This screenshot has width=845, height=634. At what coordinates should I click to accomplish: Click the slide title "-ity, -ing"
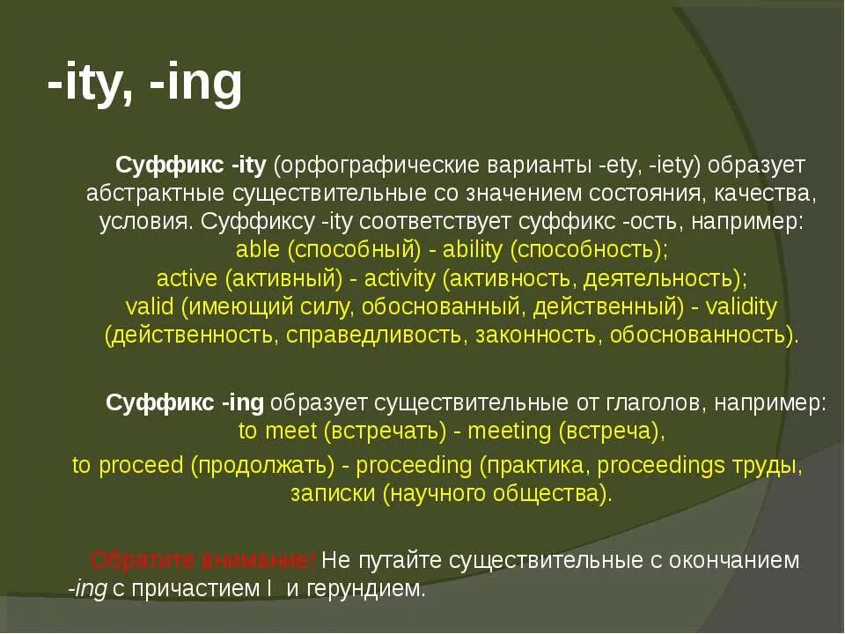pyautogui.click(x=144, y=85)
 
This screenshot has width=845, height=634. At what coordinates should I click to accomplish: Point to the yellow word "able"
pyautogui.click(x=258, y=249)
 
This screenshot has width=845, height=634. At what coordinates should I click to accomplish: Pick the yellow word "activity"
pyautogui.click(x=399, y=278)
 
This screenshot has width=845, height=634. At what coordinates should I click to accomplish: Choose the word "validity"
pyautogui.click(x=741, y=306)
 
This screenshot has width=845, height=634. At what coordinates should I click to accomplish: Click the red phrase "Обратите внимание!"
pyautogui.click(x=203, y=560)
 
